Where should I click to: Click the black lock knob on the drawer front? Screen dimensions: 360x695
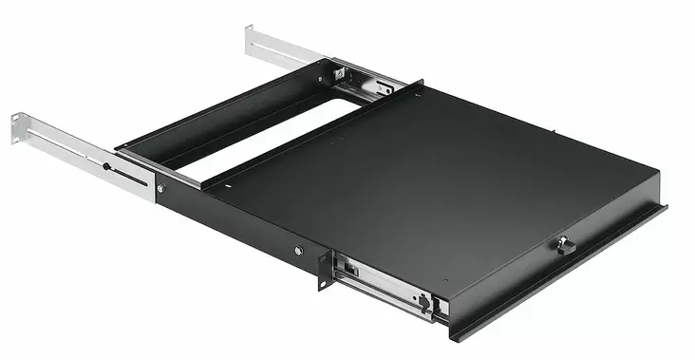566,246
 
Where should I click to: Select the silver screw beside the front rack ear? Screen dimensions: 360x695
299,251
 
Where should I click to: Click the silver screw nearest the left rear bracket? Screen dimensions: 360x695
160,189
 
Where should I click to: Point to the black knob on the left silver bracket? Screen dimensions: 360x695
107,168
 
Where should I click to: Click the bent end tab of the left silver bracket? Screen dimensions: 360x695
18,130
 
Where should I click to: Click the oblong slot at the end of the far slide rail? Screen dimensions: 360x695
384,90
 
